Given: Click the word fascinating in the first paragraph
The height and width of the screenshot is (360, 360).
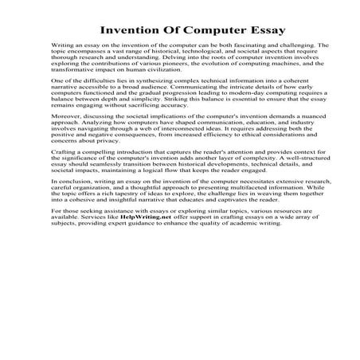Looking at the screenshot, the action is click(x=251, y=46).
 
